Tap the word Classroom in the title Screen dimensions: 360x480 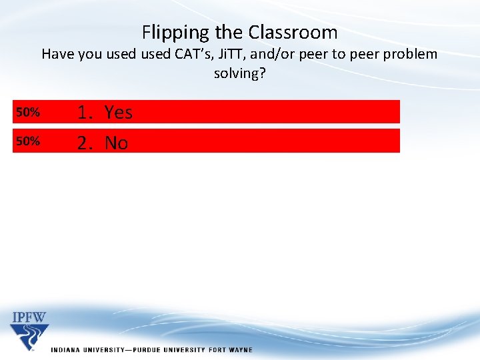[293, 32]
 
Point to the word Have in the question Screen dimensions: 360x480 [58, 54]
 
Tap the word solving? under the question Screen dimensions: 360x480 [240, 73]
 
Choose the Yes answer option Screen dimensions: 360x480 [119, 113]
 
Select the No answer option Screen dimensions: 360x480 [117, 143]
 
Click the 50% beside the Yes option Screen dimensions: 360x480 [28, 113]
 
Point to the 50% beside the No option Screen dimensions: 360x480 [28, 141]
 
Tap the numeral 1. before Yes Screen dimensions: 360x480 [85, 113]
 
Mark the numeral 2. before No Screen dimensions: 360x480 [85, 143]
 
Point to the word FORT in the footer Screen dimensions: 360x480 [216, 350]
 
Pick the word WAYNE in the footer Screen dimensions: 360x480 [240, 350]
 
